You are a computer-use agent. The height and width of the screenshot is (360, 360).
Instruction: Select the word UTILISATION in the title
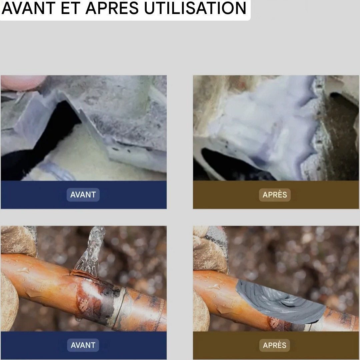[x=195, y=8]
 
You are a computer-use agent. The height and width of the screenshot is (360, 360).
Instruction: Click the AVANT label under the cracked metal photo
[x=83, y=195]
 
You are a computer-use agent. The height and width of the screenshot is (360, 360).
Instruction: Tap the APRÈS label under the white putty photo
[x=275, y=195]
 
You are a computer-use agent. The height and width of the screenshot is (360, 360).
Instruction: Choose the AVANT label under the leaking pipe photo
[x=83, y=345]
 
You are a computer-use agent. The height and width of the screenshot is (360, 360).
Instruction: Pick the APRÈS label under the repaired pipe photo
[x=275, y=345]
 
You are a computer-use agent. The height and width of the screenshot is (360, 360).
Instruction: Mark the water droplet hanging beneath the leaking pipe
[x=78, y=318]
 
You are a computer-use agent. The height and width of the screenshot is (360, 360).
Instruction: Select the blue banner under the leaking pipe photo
[x=84, y=345]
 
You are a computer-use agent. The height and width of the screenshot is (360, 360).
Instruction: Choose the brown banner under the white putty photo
[x=276, y=195]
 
